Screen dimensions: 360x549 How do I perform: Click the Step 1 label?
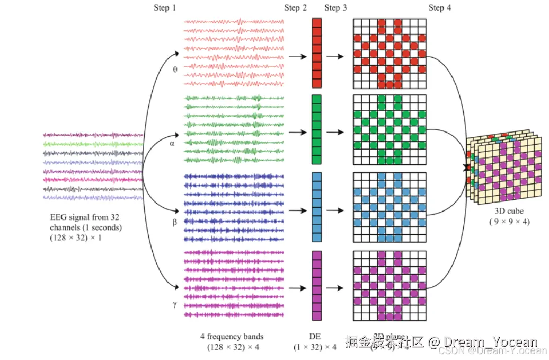click(165, 8)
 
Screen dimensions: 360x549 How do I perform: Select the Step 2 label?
click(295, 8)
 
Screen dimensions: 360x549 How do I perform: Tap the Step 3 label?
click(335, 8)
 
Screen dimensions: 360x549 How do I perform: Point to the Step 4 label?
click(440, 8)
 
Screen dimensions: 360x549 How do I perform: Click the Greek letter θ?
click(175, 69)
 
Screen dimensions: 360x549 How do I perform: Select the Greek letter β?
click(175, 222)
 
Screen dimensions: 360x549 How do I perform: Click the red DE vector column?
click(316, 52)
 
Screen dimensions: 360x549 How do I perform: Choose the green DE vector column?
click(316, 129)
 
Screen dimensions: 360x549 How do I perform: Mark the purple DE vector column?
click(316, 285)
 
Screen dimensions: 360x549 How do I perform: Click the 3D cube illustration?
click(506, 168)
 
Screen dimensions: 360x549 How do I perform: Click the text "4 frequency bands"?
click(232, 336)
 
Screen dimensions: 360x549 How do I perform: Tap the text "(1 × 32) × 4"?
click(315, 347)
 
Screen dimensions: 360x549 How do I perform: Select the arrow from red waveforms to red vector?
click(297, 56)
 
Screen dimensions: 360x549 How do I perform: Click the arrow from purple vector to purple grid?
click(337, 288)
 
